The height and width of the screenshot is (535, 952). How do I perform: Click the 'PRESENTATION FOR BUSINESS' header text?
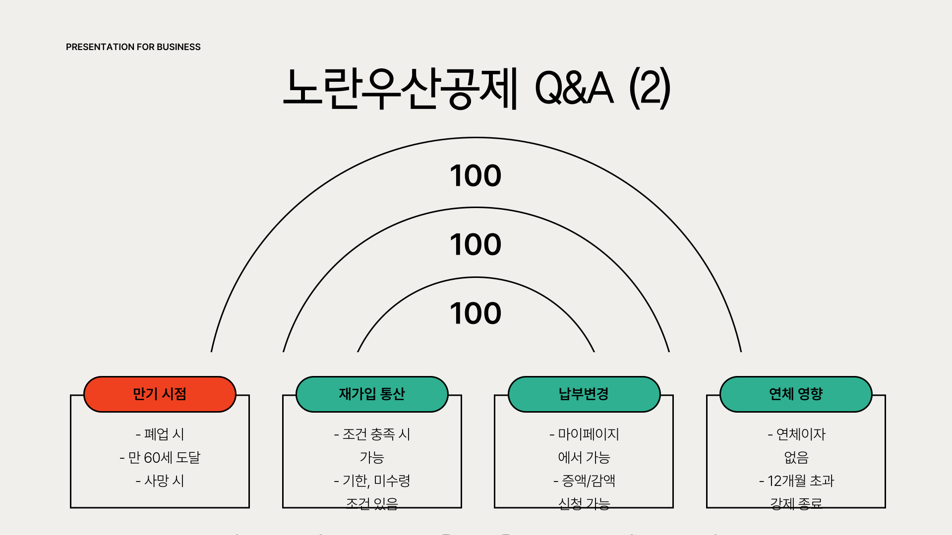click(133, 47)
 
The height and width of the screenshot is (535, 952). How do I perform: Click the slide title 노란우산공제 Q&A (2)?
click(476, 88)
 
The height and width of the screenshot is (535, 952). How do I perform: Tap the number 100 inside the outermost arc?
click(476, 176)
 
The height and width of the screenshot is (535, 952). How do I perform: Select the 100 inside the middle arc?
click(476, 245)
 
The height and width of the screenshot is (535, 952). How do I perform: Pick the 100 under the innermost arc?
click(476, 314)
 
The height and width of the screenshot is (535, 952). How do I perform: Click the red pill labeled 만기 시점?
click(160, 394)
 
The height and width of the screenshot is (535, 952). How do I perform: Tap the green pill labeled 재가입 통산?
click(372, 394)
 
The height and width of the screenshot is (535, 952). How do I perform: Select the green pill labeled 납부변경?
click(584, 394)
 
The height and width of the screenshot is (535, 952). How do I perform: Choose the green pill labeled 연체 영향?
click(796, 394)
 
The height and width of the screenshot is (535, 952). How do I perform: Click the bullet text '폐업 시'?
click(164, 434)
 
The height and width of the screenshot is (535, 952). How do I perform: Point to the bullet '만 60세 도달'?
click(164, 458)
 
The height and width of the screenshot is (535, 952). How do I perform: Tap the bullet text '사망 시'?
click(164, 481)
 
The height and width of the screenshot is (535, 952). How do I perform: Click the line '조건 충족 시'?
click(376, 434)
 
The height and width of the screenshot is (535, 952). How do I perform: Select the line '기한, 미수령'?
click(376, 481)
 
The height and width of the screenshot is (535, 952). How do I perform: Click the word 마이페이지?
click(589, 434)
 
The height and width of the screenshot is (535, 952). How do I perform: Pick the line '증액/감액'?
click(589, 481)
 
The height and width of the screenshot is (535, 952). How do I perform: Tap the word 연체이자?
click(801, 434)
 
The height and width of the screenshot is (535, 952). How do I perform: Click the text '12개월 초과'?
click(801, 481)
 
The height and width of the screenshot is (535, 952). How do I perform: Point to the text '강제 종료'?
click(796, 504)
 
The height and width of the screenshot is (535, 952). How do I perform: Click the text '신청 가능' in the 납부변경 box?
click(584, 504)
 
